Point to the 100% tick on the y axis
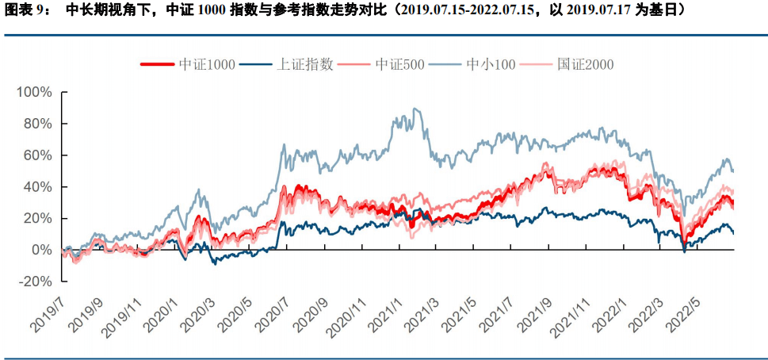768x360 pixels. [x=34, y=93]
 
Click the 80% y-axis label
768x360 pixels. [x=38, y=124]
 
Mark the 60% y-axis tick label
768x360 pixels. [x=38, y=155]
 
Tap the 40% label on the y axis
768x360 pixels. [x=38, y=187]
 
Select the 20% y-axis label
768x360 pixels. [x=38, y=219]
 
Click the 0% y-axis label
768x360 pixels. [x=41, y=251]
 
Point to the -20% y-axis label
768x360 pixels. [x=36, y=281]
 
